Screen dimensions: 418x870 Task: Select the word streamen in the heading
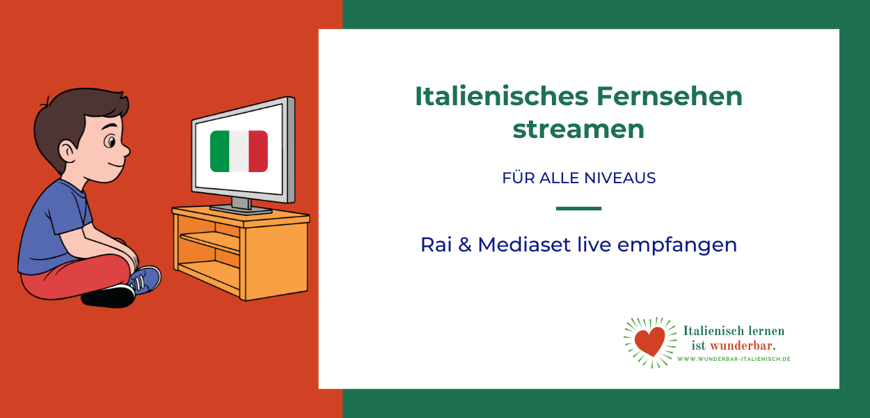(x=578, y=130)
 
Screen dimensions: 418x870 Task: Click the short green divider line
(x=578, y=208)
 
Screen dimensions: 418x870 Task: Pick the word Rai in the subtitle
(x=436, y=245)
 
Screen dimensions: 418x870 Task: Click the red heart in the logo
(x=650, y=341)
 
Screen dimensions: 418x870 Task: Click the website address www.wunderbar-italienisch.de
(x=734, y=359)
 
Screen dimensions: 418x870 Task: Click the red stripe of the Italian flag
(x=258, y=151)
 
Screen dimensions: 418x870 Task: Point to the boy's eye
(x=109, y=143)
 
